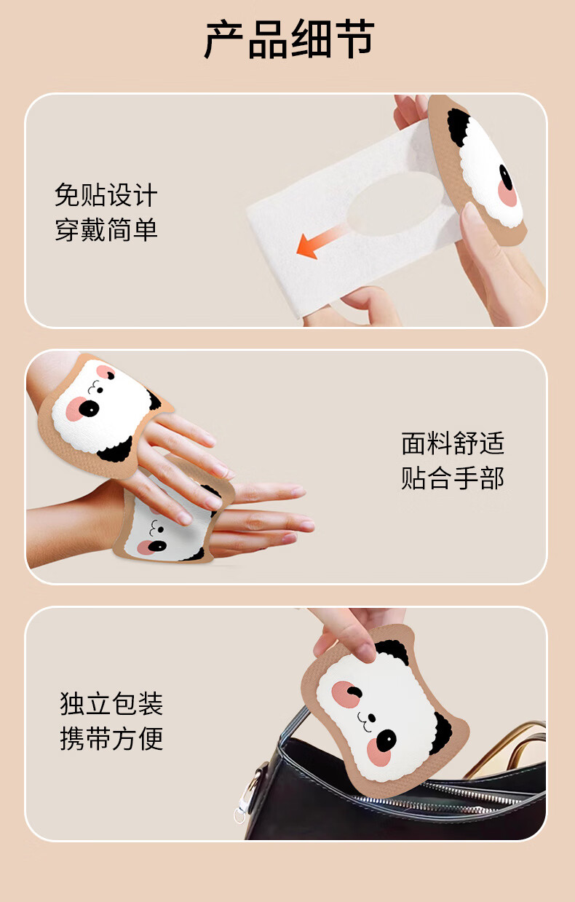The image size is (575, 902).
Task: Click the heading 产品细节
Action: [289, 39]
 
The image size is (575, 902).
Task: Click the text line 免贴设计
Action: [106, 195]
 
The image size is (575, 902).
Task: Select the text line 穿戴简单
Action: [106, 229]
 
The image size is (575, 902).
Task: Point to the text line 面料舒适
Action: [453, 443]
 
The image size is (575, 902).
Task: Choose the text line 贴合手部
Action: [453, 478]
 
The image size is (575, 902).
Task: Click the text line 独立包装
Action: [111, 704]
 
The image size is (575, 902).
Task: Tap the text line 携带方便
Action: [111, 738]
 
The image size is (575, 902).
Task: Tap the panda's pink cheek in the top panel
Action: [508, 194]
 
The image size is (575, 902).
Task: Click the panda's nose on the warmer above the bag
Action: [372, 719]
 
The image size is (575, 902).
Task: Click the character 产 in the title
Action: [223, 39]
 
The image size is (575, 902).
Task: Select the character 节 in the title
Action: [354, 39]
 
